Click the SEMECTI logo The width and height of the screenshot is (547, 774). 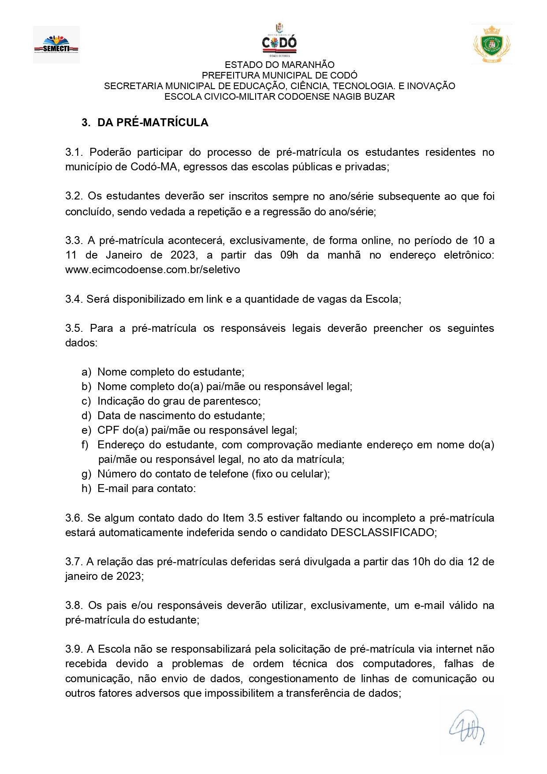point(56,45)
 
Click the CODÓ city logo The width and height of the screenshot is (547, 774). point(279,41)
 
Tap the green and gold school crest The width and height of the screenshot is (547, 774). point(492,44)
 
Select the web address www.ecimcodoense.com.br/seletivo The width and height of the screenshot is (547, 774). point(153,269)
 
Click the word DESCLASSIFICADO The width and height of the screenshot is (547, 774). point(383,532)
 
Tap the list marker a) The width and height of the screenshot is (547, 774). point(86,372)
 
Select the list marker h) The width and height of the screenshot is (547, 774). point(86,488)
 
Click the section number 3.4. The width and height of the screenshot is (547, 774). point(73,299)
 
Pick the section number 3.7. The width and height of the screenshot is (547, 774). point(73,562)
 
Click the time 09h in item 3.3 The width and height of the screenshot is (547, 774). point(288,255)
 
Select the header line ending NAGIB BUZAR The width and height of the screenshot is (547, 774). point(279,96)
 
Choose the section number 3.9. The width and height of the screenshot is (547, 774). point(73,649)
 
